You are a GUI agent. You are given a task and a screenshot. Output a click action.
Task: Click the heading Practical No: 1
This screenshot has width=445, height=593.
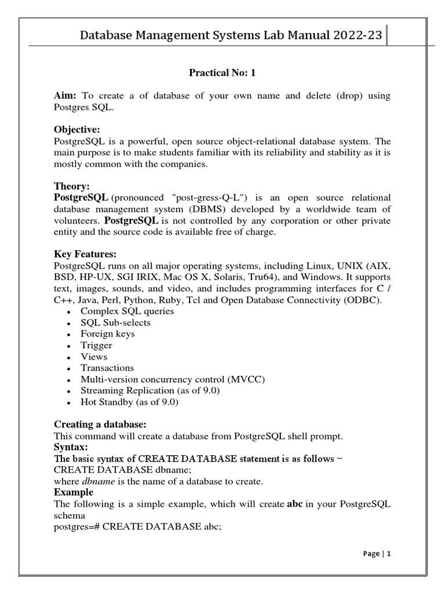[222, 73]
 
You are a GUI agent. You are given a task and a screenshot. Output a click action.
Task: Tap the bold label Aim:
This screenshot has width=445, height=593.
[66, 96]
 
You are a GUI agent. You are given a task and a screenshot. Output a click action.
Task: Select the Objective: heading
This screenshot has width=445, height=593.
[77, 129]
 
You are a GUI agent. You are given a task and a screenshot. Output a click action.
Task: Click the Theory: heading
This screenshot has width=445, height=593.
[72, 186]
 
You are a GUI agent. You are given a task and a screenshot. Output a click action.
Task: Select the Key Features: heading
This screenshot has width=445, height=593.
[85, 254]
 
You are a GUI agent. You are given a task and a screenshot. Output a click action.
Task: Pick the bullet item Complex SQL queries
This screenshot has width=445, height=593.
[127, 311]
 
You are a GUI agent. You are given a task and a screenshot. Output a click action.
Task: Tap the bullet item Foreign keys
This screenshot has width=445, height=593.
[107, 334]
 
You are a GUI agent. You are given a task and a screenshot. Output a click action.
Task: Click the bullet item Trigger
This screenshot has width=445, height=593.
[96, 345]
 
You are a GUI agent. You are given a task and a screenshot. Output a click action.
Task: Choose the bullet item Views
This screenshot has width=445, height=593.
[94, 357]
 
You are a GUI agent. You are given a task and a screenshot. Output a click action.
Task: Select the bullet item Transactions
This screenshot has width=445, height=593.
[107, 368]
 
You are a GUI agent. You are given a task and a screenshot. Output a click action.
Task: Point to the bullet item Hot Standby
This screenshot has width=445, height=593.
[129, 402]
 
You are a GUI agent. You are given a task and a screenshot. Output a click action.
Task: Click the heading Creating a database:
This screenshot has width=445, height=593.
[100, 424]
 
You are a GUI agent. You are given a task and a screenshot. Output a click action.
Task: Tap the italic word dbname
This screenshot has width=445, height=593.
[96, 481]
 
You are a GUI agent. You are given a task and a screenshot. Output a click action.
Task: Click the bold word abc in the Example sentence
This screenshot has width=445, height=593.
[295, 504]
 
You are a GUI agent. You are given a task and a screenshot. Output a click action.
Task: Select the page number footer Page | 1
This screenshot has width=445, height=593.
[377, 554]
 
